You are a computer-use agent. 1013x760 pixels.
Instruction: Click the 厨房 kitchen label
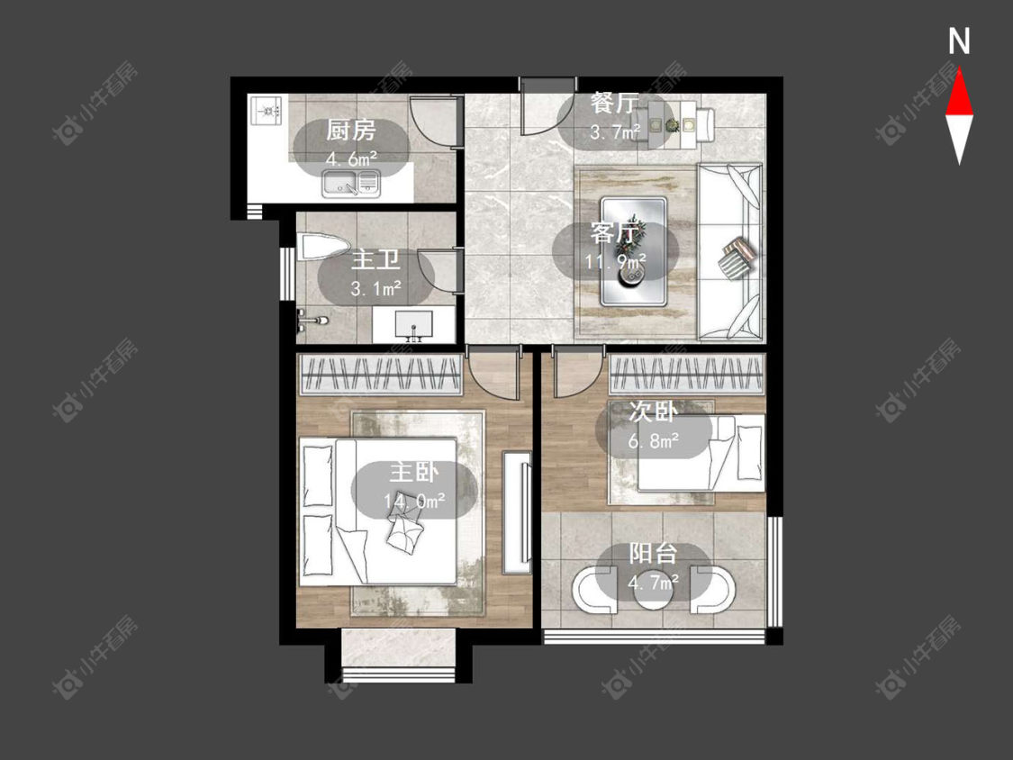click(351, 131)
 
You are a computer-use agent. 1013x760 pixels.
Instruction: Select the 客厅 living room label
click(615, 233)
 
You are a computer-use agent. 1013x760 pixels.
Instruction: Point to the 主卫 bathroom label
click(375, 260)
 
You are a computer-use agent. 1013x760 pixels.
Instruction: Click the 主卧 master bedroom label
click(413, 473)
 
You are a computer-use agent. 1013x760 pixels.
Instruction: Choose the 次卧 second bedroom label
click(653, 412)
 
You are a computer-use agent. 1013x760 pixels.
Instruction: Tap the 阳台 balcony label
click(653, 554)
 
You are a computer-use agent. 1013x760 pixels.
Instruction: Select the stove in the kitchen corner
click(267, 111)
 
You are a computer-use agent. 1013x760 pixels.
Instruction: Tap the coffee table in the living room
click(633, 251)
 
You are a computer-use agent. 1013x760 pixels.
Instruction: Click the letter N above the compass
click(959, 41)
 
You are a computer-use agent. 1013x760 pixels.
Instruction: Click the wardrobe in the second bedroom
click(687, 375)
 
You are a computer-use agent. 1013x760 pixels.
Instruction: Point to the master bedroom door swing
click(493, 375)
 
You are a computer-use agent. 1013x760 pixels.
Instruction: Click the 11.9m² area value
click(616, 262)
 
